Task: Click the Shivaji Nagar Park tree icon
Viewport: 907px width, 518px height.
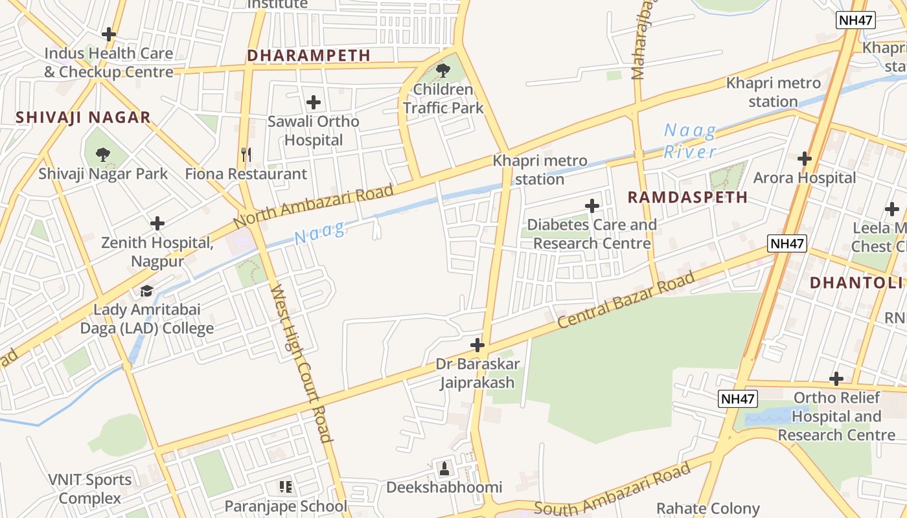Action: tap(102, 154)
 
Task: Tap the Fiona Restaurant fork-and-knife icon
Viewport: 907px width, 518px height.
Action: tap(246, 154)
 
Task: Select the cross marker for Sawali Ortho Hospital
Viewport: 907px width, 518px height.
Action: tap(314, 102)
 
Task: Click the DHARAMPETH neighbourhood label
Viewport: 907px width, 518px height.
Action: tap(308, 56)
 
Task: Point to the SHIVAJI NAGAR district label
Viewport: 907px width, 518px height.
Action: tap(83, 117)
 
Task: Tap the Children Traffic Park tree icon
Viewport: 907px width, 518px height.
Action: tap(443, 70)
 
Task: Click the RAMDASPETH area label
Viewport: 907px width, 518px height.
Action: tap(687, 197)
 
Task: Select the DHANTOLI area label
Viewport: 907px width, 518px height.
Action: tap(855, 282)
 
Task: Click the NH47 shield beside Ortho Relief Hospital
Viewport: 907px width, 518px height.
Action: tap(738, 399)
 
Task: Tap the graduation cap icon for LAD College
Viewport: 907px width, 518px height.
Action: tap(147, 291)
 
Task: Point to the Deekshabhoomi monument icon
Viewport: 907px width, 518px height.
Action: tap(444, 467)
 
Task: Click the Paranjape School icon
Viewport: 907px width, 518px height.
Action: tap(286, 486)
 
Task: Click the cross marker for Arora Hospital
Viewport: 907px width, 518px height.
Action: tap(805, 158)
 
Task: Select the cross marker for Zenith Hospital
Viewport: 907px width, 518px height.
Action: tap(157, 224)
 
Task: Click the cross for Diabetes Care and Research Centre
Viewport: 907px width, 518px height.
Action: tap(591, 206)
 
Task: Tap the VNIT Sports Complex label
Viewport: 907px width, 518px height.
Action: tap(89, 489)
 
